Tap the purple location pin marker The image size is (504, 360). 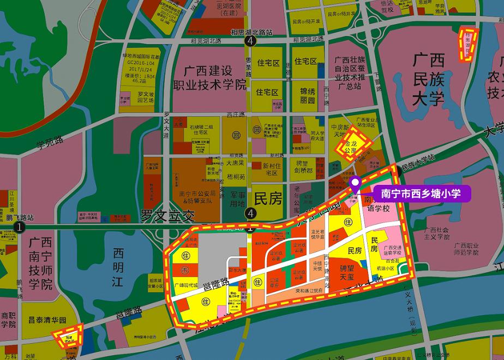pyautogui.click(x=355, y=184)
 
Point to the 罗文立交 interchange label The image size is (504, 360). pyautogui.click(x=168, y=215)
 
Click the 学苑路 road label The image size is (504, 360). pyautogui.click(x=50, y=143)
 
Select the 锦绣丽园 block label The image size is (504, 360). pyautogui.click(x=308, y=95)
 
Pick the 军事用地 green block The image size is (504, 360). pyautogui.click(x=236, y=199)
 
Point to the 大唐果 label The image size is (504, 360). pyautogui.click(x=236, y=162)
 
